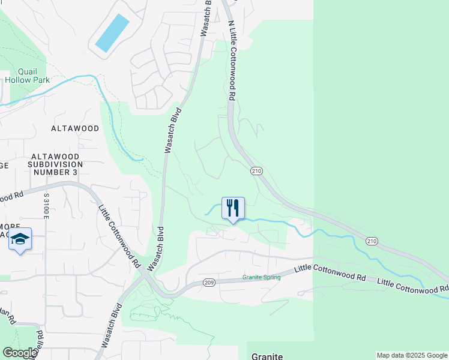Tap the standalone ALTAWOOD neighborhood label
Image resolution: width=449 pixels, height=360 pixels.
[75, 128]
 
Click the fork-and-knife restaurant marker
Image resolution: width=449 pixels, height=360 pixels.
[233, 208]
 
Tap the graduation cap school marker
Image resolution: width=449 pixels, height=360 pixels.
[20, 239]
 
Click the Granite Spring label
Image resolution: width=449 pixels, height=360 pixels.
[262, 277]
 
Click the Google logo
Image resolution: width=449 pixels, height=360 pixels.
[19, 353]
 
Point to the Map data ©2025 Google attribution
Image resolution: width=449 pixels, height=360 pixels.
[412, 355]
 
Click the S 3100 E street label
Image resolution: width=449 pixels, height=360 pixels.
[46, 206]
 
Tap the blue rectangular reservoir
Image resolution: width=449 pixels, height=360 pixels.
[112, 32]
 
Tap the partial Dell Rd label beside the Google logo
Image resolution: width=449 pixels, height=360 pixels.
[40, 338]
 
